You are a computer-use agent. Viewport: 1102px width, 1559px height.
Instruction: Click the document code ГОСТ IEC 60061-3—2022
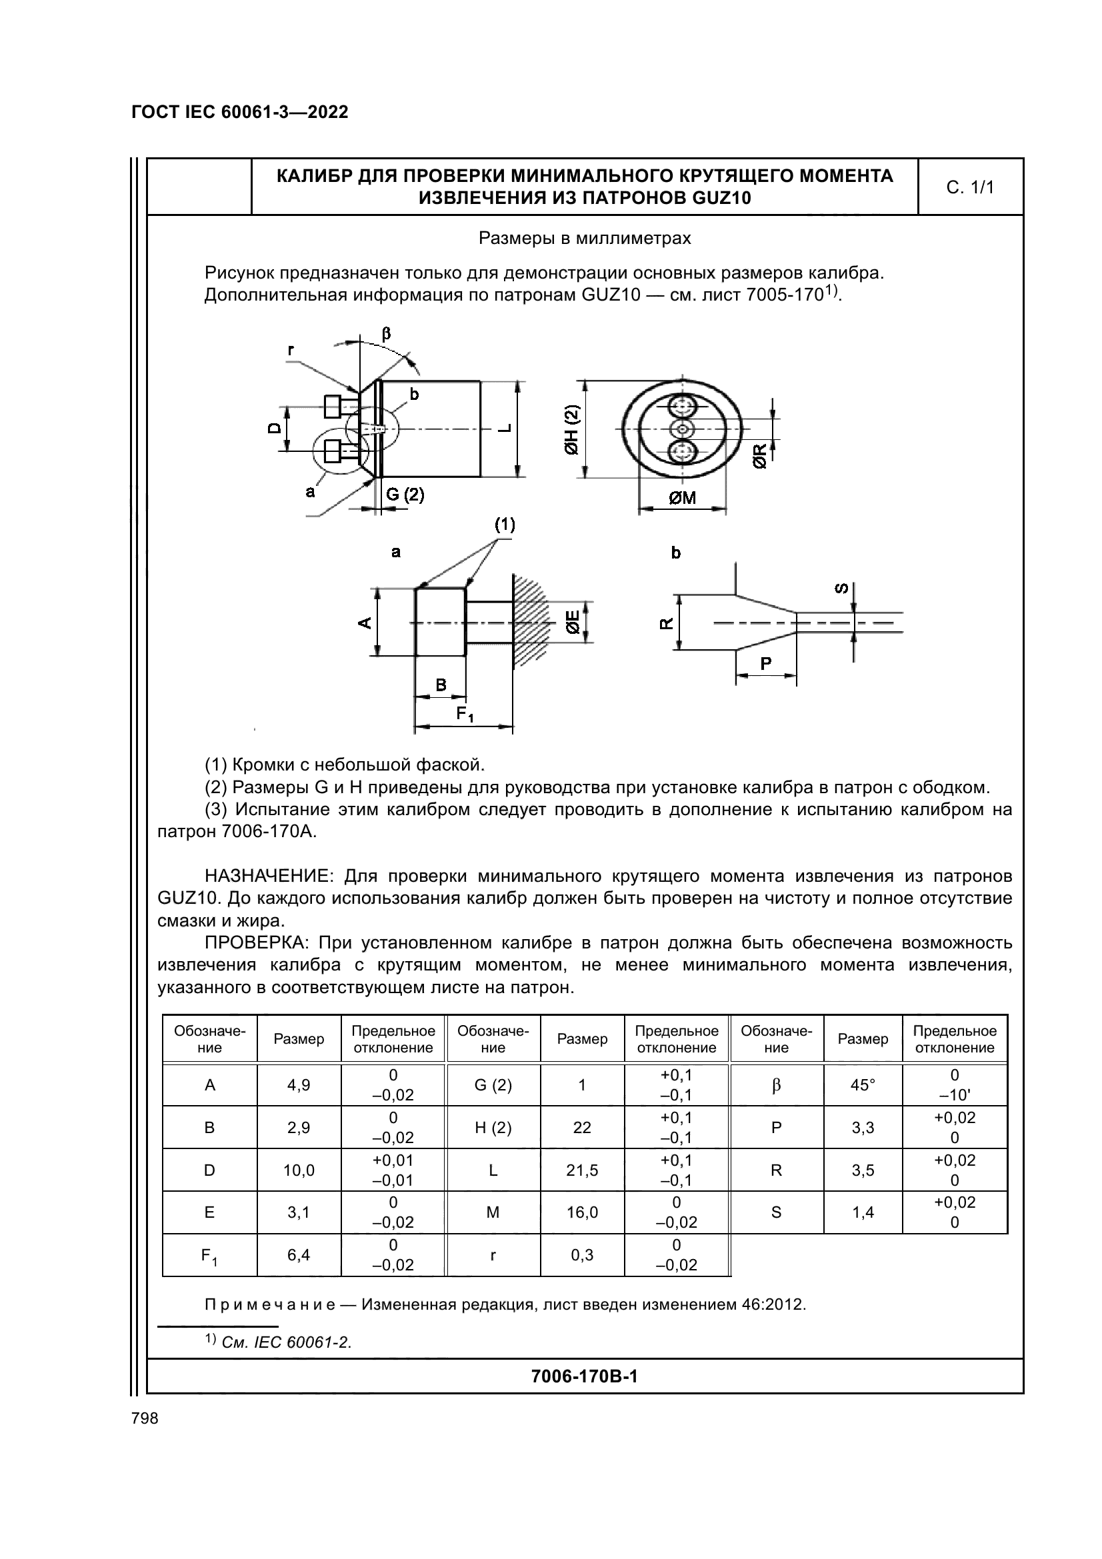point(240,112)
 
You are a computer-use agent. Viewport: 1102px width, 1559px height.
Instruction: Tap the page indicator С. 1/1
point(969,187)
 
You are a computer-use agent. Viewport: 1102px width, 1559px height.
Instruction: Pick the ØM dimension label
point(683,499)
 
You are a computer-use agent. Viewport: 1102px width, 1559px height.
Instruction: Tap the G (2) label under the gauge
point(405,495)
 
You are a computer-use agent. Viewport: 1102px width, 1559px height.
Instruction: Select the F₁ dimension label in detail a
point(465,715)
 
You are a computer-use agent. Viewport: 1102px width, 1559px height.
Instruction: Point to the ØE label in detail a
point(573,621)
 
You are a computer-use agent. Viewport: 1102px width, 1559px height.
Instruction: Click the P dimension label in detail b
point(766,663)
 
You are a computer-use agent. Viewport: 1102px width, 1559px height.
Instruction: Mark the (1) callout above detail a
point(505,524)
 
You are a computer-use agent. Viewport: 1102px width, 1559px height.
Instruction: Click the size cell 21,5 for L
point(582,1170)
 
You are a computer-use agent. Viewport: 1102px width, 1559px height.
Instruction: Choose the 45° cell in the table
point(862,1085)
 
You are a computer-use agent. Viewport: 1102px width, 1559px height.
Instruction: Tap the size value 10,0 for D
point(299,1170)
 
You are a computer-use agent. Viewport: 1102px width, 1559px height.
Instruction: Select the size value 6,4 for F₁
point(299,1255)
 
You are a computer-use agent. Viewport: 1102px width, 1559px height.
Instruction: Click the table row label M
point(493,1212)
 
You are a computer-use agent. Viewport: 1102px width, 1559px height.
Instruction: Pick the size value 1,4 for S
point(862,1212)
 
